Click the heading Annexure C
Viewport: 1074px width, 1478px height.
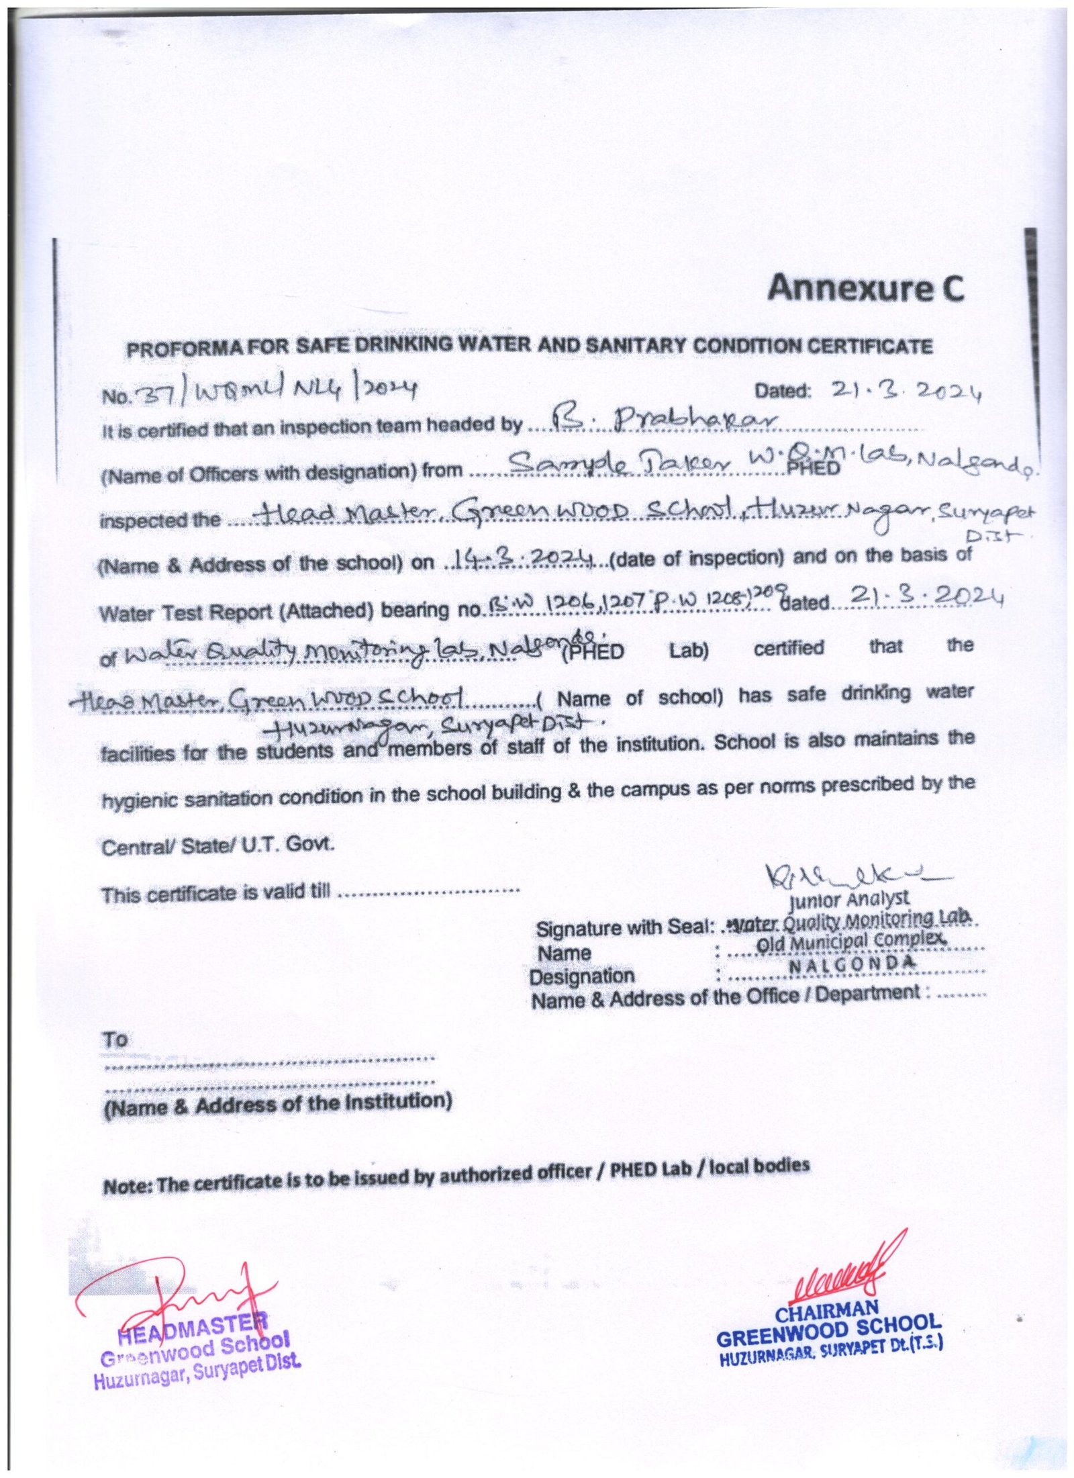pyautogui.click(x=865, y=288)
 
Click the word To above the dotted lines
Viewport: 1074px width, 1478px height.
pyautogui.click(x=115, y=1040)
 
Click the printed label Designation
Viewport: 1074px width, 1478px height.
pyautogui.click(x=581, y=976)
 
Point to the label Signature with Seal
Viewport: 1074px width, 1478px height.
pyautogui.click(x=622, y=929)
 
